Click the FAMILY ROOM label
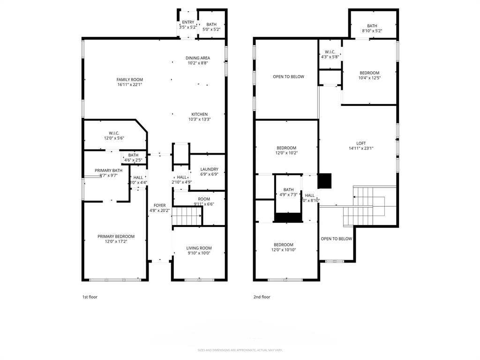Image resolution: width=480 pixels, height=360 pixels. point(130,80)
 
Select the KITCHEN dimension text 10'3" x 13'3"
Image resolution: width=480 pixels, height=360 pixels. point(199,120)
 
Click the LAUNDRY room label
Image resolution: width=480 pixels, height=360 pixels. point(209,170)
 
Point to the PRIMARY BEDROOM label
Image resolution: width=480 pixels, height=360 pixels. point(116,237)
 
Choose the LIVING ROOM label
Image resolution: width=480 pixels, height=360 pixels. point(199,248)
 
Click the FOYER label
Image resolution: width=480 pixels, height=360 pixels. point(159,205)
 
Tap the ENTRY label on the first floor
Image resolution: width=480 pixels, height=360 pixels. point(188,22)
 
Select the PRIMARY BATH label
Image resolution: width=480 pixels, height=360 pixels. point(108,171)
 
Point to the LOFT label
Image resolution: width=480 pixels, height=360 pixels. point(361,143)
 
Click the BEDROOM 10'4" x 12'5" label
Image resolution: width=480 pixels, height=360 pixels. point(369,73)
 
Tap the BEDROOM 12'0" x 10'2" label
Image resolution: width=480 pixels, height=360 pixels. point(286,148)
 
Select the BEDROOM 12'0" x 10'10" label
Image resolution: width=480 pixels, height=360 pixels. point(284,245)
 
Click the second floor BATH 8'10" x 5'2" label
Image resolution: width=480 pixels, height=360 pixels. point(372,26)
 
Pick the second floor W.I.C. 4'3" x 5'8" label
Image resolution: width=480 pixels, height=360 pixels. point(330,52)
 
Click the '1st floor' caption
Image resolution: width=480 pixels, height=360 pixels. point(90,297)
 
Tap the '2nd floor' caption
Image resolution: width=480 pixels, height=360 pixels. point(262,297)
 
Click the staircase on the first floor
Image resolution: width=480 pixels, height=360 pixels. point(187,217)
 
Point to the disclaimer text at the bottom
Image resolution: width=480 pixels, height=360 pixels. point(240,350)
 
